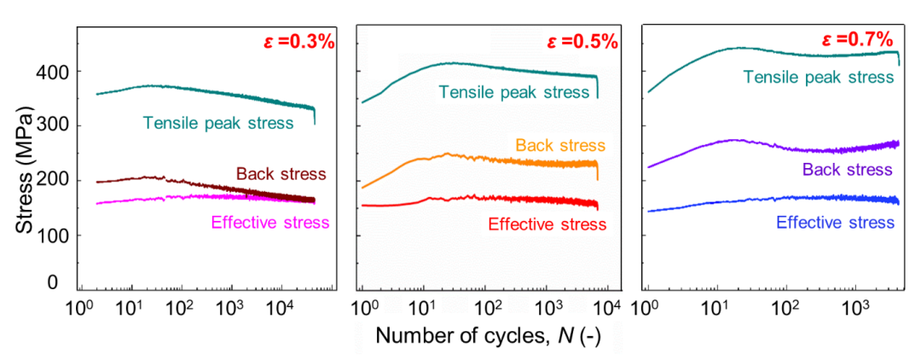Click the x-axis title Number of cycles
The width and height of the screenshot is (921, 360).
pos(488,336)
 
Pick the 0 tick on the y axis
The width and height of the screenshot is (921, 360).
pos(53,282)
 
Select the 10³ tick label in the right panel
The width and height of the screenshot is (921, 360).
pos(854,306)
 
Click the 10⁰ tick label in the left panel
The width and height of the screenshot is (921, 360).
pos(81,306)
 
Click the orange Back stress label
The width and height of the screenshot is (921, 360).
pos(559,146)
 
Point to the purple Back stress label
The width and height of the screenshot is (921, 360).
pos(848,169)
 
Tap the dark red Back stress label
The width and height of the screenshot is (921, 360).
pos(281,174)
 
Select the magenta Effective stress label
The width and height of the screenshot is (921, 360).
pos(269,224)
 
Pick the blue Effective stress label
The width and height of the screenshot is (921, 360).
pos(836,223)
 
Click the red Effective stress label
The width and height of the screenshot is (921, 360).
pos(547,224)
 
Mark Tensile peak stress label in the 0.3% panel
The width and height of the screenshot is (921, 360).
pos(218,124)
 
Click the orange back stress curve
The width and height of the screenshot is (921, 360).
pos(478,159)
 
